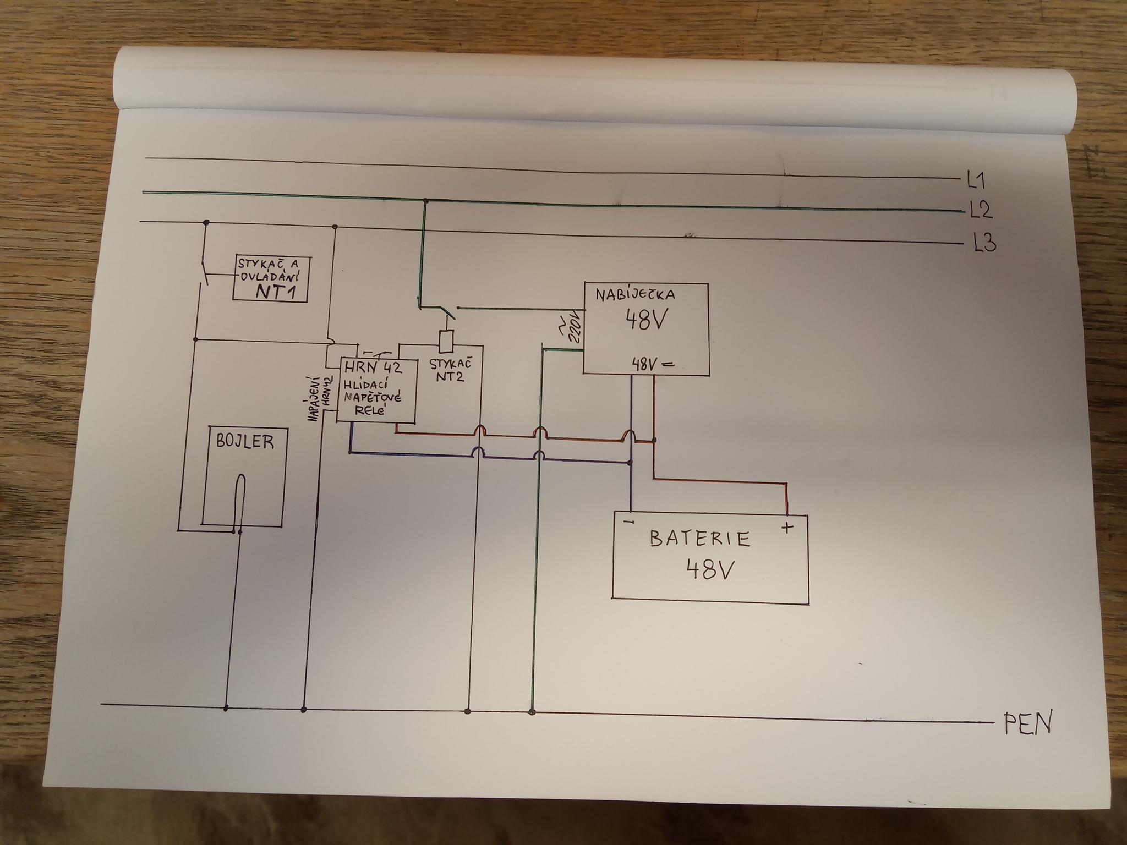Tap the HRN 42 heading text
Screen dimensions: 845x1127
[x=373, y=367]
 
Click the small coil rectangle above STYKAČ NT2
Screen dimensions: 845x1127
[x=446, y=342]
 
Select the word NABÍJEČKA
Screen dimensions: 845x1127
[x=636, y=294]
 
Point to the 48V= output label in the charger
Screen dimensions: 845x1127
[x=653, y=364]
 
